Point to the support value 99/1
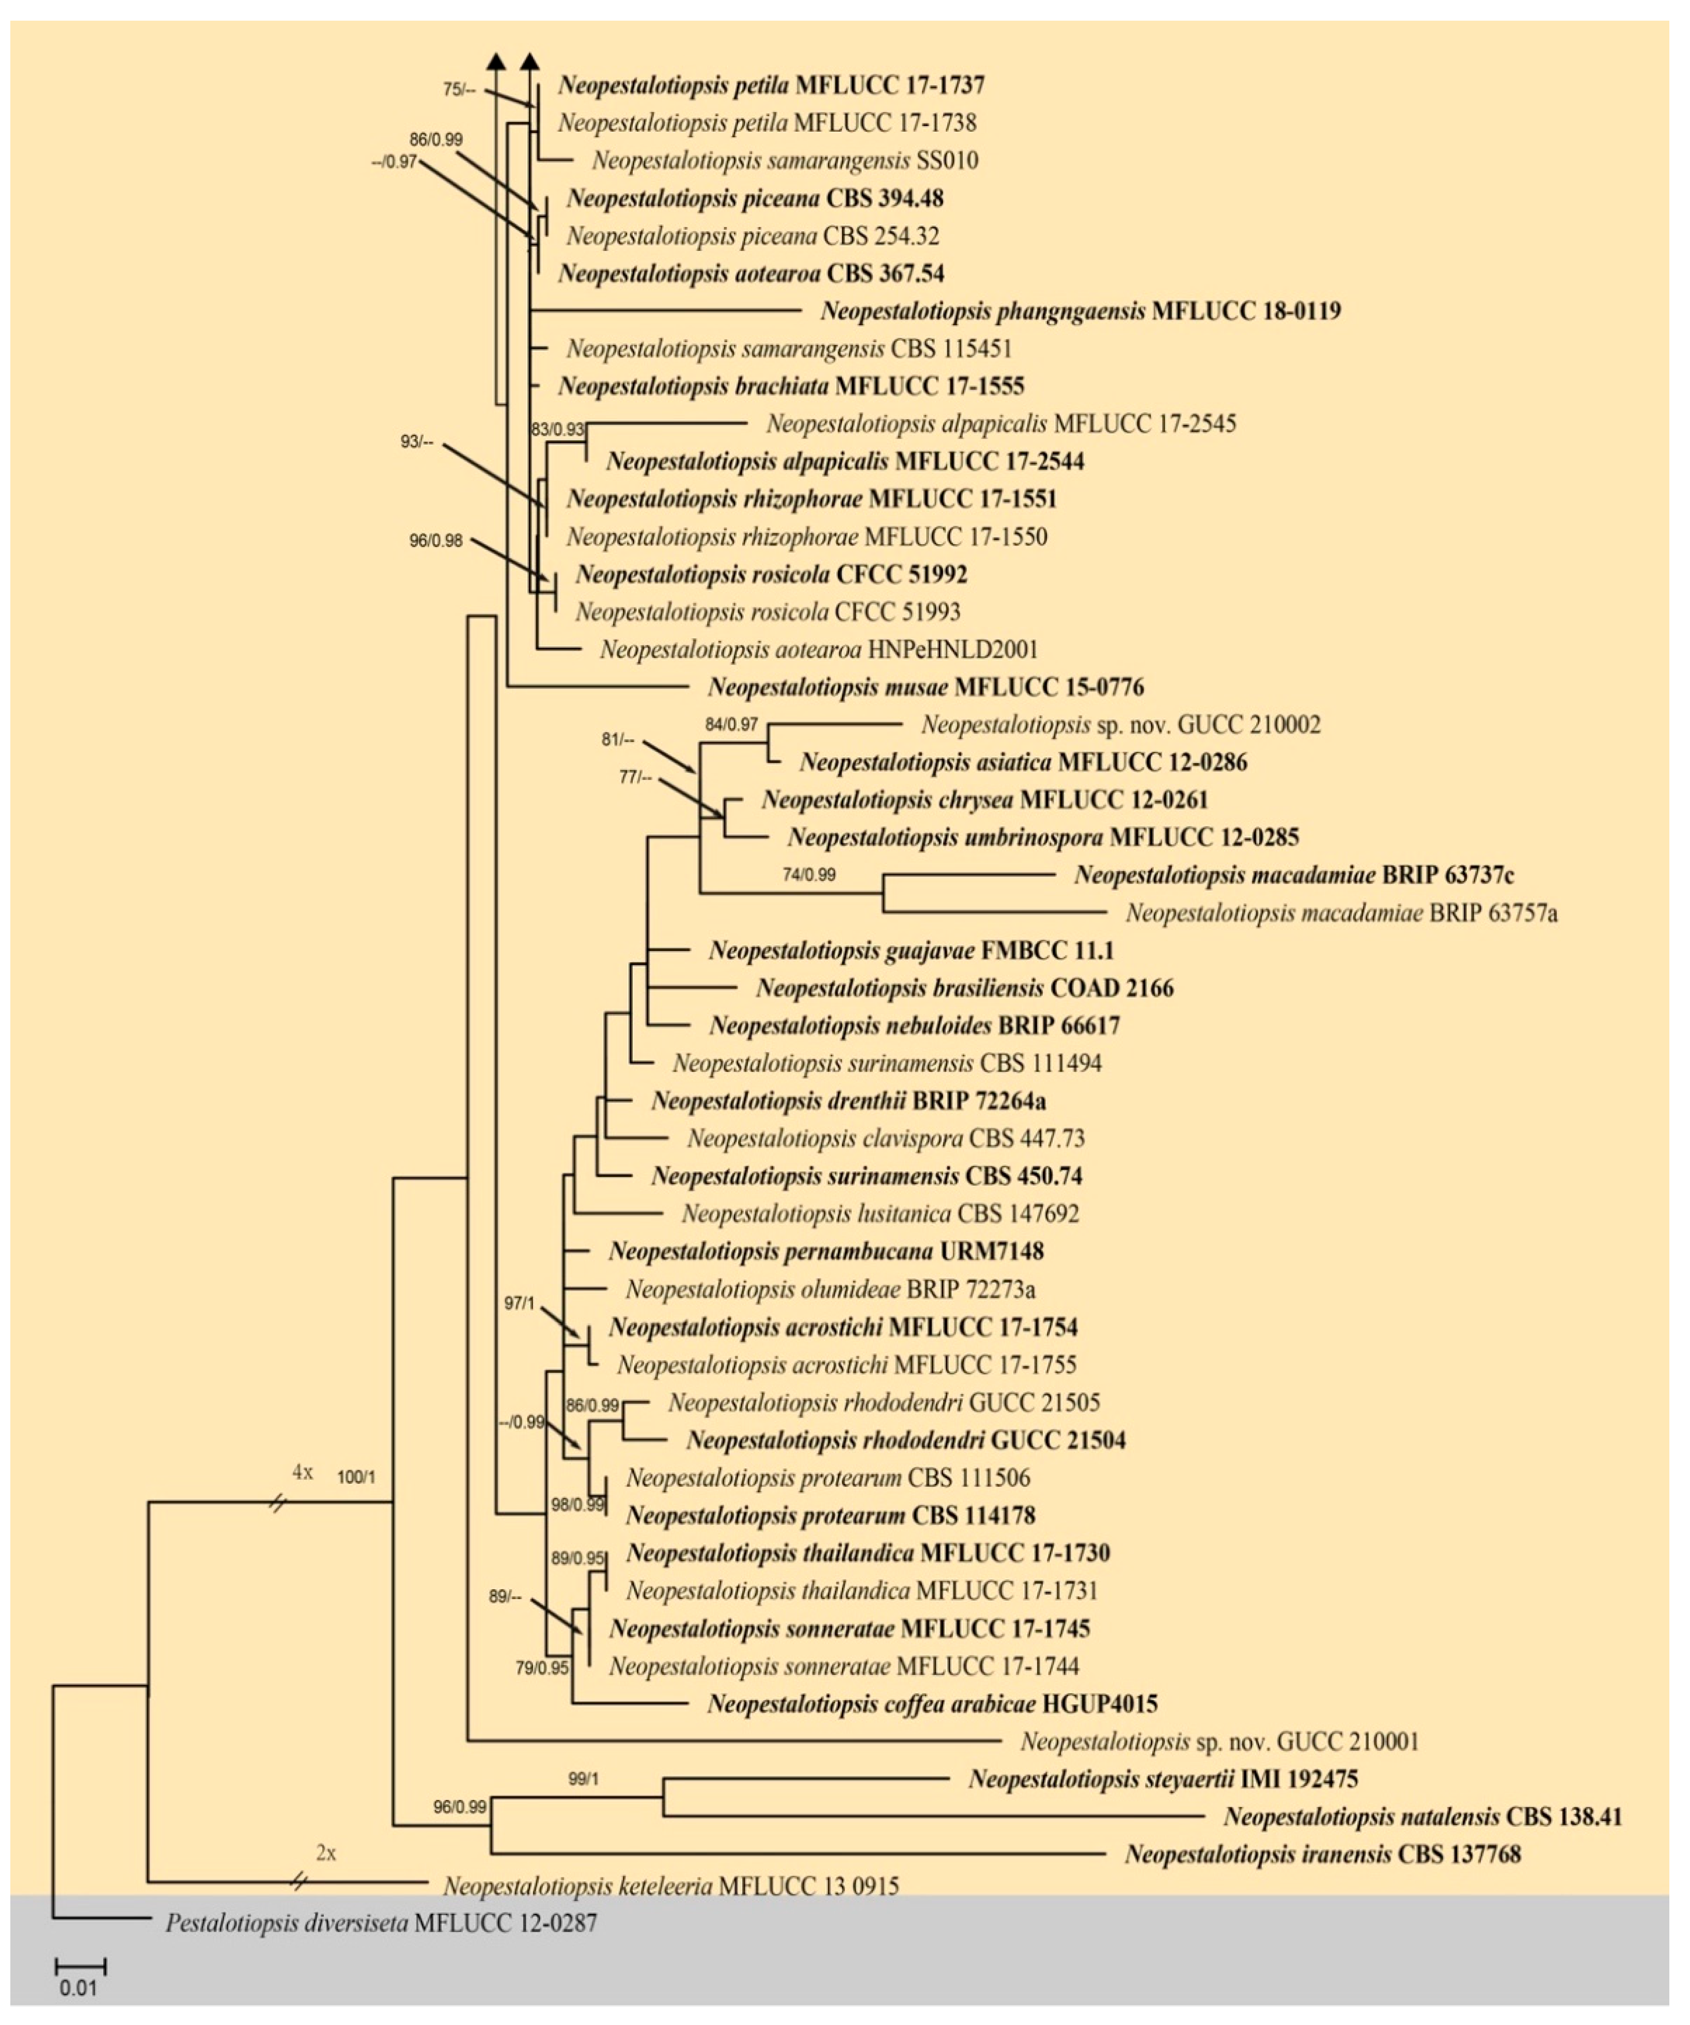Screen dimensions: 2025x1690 (x=583, y=1779)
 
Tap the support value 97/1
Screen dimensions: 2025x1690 (x=519, y=1304)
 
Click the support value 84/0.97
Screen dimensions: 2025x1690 (x=731, y=724)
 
